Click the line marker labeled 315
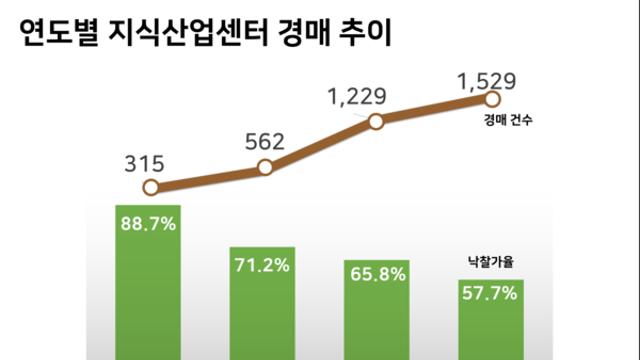(150, 187)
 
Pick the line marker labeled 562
(265, 167)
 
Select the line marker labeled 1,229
(376, 122)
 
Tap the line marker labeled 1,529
(491, 99)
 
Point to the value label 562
(264, 141)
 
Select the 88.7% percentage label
(148, 224)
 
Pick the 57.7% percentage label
(491, 295)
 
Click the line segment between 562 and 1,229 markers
(321, 145)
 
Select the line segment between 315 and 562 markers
(208, 177)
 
